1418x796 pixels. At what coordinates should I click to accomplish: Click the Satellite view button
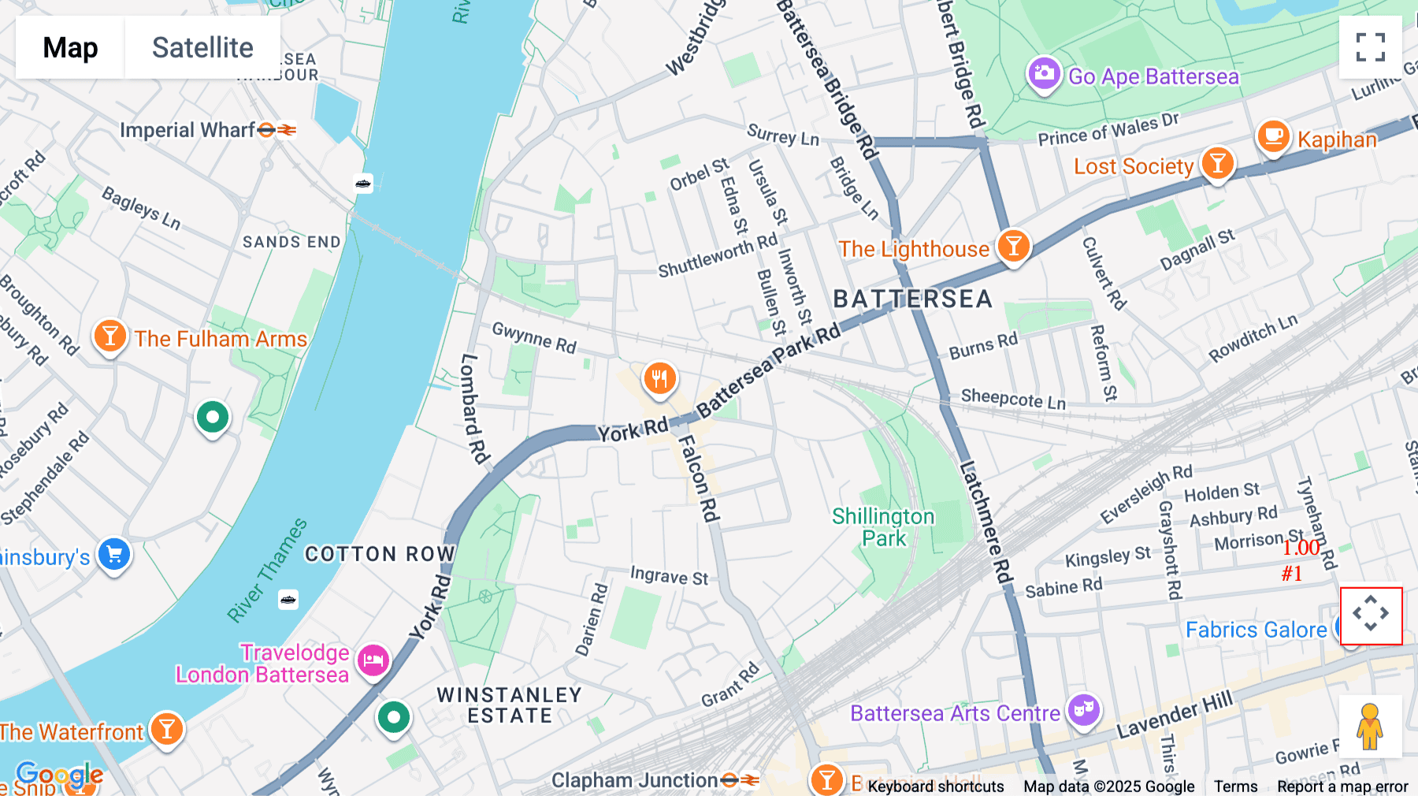coord(202,47)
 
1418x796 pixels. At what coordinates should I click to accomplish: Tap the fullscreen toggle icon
coord(1370,47)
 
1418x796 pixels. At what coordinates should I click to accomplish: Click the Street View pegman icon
coord(1370,726)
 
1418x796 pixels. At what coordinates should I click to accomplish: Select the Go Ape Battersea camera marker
coord(1044,74)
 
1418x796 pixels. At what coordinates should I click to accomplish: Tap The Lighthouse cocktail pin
coord(1013,246)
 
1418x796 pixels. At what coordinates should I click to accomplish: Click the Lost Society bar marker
coord(1217,164)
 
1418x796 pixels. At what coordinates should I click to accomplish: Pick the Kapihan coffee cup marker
coord(1272,136)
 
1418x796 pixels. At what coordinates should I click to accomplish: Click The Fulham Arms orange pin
coord(110,336)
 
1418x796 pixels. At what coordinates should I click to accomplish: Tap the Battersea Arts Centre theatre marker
coord(1084,709)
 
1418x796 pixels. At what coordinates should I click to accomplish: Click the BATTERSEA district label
coord(912,299)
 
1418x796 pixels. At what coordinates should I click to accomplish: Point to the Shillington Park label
coord(883,527)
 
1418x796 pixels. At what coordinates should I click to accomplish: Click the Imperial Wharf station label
coord(187,130)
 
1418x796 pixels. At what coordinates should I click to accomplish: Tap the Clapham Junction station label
coord(635,780)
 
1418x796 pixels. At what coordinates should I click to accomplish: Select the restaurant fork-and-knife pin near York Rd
coord(659,378)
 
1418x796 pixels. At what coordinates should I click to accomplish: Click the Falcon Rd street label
coord(700,478)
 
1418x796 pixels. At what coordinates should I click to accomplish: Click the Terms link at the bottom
coord(1235,787)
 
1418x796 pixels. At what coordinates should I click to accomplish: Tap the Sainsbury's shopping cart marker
coord(114,554)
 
